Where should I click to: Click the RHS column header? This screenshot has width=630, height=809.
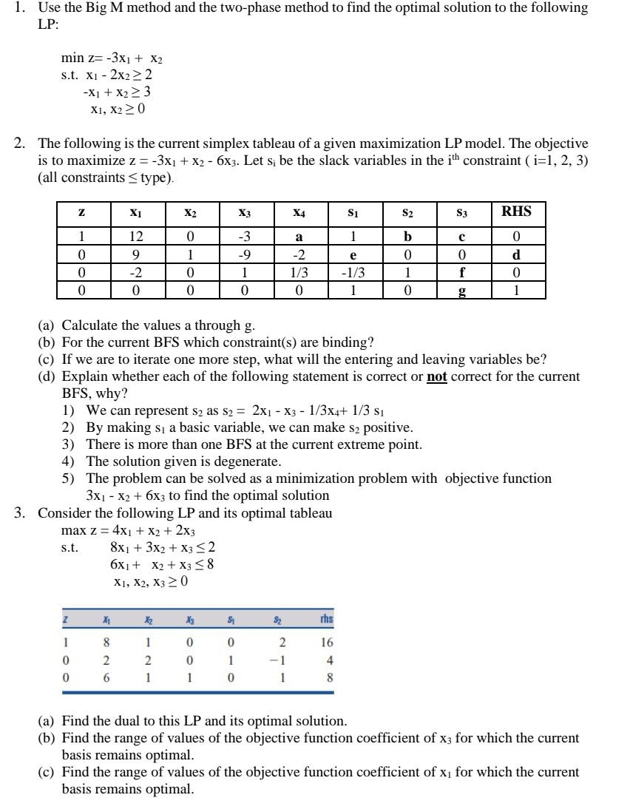click(516, 212)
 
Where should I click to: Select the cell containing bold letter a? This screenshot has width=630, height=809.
click(299, 238)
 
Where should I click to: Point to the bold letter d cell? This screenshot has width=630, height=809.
click(516, 254)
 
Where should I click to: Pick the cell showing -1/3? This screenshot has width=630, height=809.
click(353, 272)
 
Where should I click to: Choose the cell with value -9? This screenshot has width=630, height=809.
click(245, 255)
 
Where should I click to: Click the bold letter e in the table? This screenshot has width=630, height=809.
click(353, 255)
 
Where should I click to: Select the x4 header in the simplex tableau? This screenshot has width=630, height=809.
click(299, 213)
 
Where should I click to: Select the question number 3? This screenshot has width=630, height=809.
click(21, 512)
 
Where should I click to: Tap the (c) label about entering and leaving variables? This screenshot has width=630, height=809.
click(48, 359)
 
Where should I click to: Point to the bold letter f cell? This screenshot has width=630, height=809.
click(463, 272)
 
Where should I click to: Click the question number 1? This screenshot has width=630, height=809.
click(21, 7)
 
